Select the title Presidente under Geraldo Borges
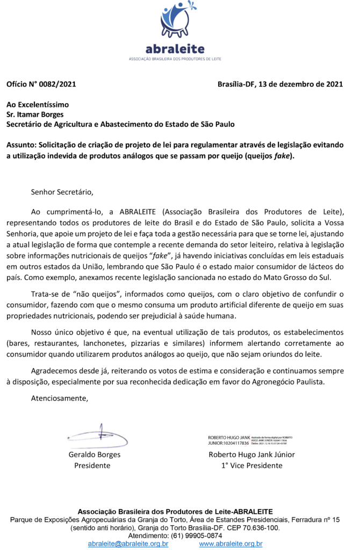tap(92, 466)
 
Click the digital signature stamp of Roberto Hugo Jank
tap(250, 440)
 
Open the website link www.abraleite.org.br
tap(231, 544)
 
